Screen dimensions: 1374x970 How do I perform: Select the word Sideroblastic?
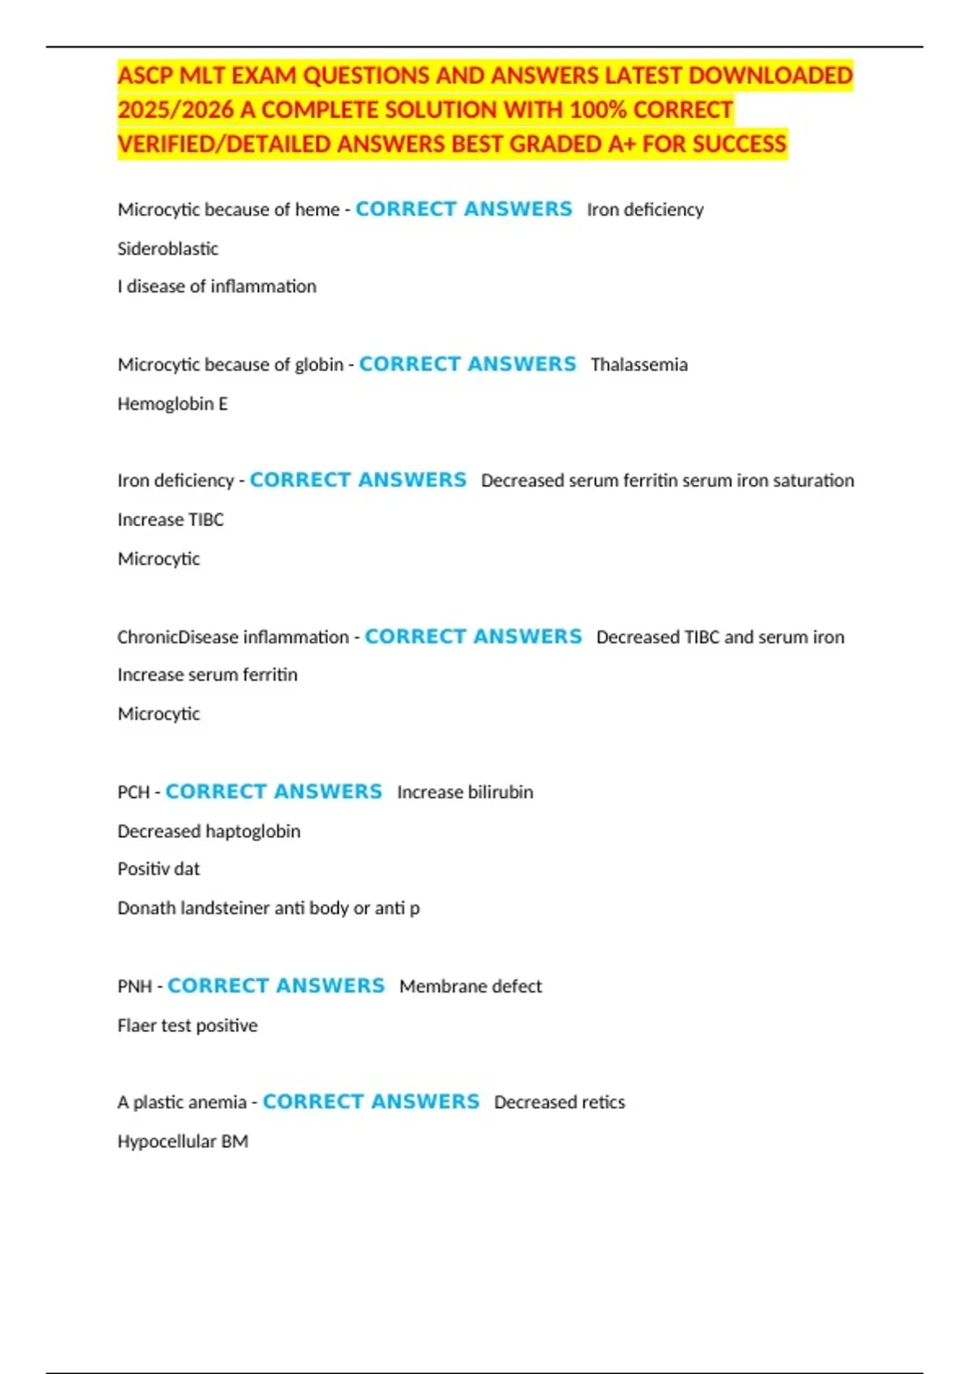pos(167,248)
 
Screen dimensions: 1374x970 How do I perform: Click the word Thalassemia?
pos(639,365)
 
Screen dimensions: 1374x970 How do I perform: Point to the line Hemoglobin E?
pos(172,403)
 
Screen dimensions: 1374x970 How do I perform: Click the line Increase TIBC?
pos(170,520)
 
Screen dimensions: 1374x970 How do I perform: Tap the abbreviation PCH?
pos(133,792)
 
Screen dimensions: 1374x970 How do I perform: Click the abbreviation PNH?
pos(134,986)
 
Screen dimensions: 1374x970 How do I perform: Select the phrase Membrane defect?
pos(470,986)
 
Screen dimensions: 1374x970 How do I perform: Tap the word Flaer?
pos(136,1025)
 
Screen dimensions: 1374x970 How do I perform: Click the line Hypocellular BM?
pos(183,1141)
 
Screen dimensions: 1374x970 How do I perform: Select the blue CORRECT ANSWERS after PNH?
pos(276,985)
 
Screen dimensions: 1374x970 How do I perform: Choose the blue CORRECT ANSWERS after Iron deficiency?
pos(358,480)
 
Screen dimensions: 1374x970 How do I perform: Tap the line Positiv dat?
pos(158,869)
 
